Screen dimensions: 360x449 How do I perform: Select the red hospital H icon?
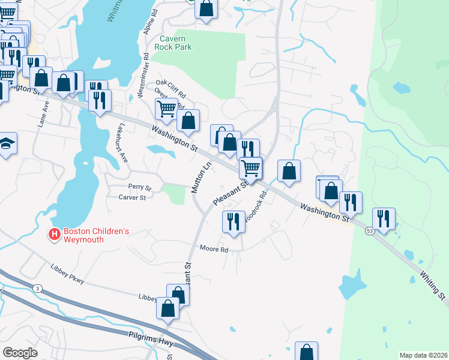pos(55,234)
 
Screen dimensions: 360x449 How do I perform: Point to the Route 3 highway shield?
pos(38,289)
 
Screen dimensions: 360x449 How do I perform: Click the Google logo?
pos(20,353)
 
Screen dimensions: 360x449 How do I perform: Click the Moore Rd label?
pos(214,249)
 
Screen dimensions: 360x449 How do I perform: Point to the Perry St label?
pos(139,187)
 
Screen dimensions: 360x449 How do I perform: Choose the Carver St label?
pos(132,197)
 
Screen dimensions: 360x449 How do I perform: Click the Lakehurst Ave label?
pos(122,144)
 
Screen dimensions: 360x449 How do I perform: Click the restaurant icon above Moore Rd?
pos(232,221)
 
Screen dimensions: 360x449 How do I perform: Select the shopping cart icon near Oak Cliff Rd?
pos(166,109)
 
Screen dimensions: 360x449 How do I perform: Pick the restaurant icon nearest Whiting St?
pos(383,218)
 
